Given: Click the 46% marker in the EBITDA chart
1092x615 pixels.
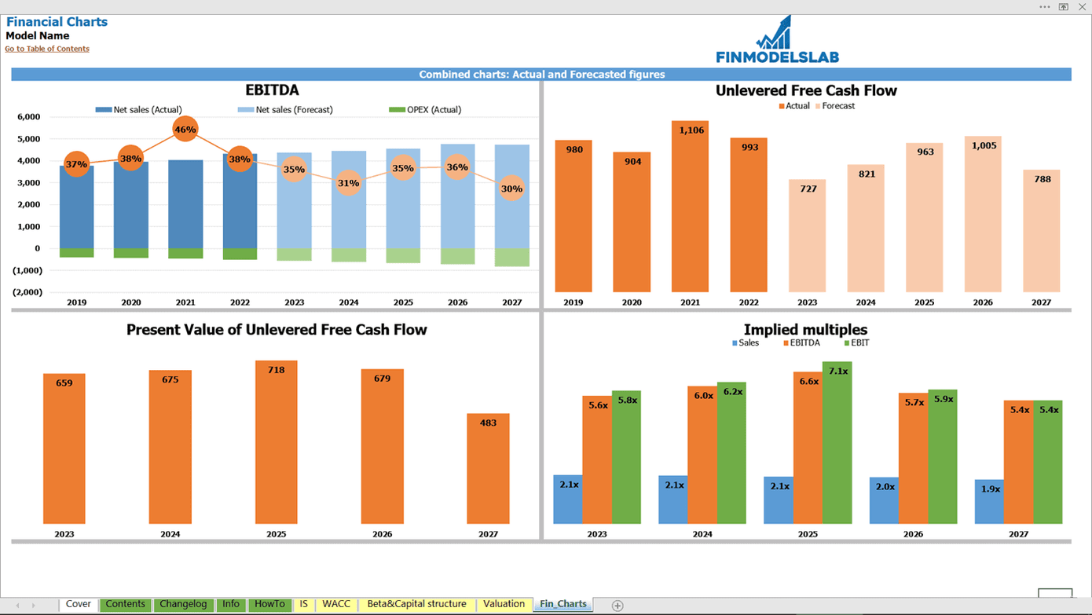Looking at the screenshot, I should (x=185, y=129).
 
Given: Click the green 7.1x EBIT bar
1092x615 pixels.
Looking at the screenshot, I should (x=837, y=443).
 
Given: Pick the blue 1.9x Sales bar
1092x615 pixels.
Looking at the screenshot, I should (x=989, y=502).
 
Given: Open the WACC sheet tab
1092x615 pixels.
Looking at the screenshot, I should (x=336, y=604).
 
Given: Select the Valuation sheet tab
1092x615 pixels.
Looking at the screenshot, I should (x=504, y=604).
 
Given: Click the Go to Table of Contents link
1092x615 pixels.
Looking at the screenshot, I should (x=47, y=49).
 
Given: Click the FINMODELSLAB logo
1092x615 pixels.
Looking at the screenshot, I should (x=776, y=40).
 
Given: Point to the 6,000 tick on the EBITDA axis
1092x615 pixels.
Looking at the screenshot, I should (x=28, y=117).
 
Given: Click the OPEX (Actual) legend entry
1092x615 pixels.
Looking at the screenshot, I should (x=425, y=110).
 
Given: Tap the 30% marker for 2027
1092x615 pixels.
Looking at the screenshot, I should (x=511, y=189).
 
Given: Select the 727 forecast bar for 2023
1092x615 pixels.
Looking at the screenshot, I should (x=807, y=236).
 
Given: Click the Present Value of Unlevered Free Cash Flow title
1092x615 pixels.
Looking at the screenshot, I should (x=277, y=330).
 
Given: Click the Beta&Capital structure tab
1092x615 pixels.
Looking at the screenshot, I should (x=416, y=604).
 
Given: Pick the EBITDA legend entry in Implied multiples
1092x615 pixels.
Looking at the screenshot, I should (x=801, y=342).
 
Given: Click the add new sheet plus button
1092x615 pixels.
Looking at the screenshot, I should (x=617, y=605).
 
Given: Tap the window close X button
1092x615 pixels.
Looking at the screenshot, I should (x=1081, y=6).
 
